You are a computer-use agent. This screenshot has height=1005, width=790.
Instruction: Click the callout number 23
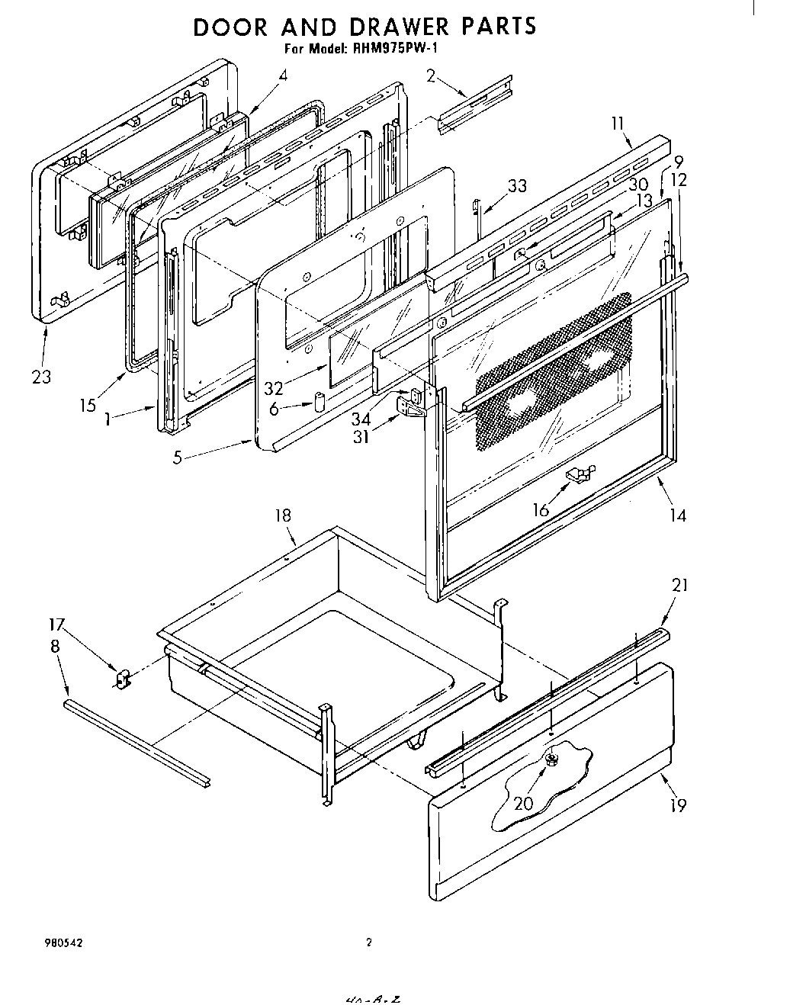tap(41, 377)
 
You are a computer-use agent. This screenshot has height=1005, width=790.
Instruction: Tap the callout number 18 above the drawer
tap(283, 516)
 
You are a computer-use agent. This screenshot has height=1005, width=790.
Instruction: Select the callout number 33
tap(517, 185)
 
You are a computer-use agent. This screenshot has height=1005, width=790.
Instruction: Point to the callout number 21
tap(679, 586)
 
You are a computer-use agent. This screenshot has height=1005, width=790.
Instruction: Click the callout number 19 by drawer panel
tap(678, 804)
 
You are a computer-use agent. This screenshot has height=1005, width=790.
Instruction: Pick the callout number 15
tap(88, 404)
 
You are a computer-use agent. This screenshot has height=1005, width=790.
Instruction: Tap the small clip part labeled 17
tap(121, 676)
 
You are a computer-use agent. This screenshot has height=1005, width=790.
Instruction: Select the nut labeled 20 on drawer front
tap(551, 759)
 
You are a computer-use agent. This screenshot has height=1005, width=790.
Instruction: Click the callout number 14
tap(678, 516)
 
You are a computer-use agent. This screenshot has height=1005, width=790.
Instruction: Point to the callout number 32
tap(273, 388)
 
